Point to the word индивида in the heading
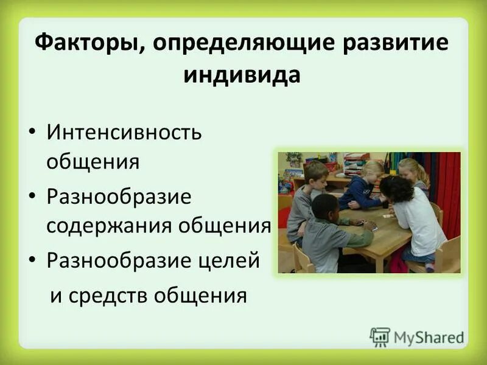(242, 75)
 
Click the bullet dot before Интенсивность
(34, 133)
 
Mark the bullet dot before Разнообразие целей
(34, 262)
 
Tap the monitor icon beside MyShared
(380, 336)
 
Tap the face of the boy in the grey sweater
(317, 176)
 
